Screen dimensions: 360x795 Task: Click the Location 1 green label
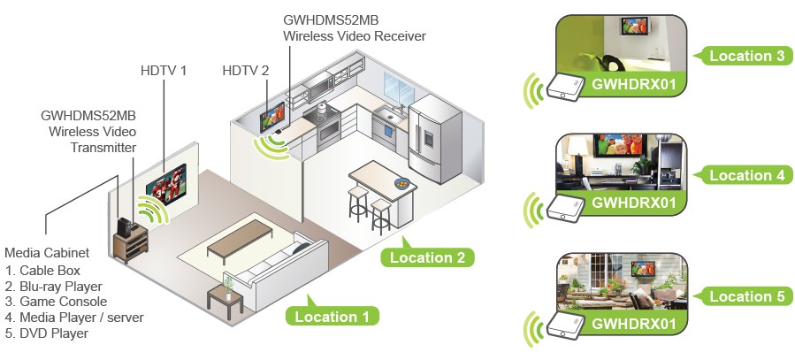332,316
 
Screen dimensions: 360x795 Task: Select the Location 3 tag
746,55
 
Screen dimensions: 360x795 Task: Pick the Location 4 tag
746,175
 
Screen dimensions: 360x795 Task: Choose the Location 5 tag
746,295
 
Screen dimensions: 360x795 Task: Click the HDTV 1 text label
164,70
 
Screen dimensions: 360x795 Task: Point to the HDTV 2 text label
246,70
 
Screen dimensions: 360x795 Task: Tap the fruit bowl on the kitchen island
403,184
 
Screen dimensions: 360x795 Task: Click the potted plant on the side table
227,285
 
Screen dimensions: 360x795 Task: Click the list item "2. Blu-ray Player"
53,286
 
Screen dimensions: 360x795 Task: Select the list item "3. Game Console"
55,302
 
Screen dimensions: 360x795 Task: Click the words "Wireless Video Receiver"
354,36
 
